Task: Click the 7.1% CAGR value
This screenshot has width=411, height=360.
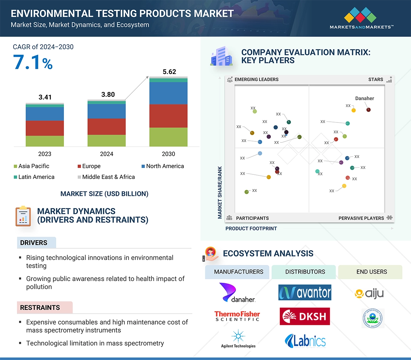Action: [33, 62]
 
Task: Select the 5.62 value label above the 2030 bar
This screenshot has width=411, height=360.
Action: [169, 72]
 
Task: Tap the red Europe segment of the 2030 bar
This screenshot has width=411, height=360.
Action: [168, 116]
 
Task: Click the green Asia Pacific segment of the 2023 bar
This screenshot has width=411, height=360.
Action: [45, 141]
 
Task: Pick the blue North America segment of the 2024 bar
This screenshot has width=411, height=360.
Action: [106, 111]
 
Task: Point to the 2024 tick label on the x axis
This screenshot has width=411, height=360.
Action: [106, 154]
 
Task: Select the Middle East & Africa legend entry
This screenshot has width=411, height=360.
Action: [106, 177]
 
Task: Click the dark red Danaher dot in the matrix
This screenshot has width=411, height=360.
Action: [368, 110]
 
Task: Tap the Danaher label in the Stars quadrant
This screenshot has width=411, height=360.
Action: [364, 99]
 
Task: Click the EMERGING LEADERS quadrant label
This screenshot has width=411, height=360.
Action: [256, 79]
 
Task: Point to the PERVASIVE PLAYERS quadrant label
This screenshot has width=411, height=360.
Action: [361, 218]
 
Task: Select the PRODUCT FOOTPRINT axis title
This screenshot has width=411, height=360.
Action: [251, 228]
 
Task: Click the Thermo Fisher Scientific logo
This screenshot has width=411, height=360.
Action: [237, 316]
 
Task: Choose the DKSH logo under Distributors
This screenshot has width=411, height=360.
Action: [305, 316]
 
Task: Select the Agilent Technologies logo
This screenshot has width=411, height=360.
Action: [238, 339]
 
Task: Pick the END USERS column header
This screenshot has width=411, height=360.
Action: [371, 272]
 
